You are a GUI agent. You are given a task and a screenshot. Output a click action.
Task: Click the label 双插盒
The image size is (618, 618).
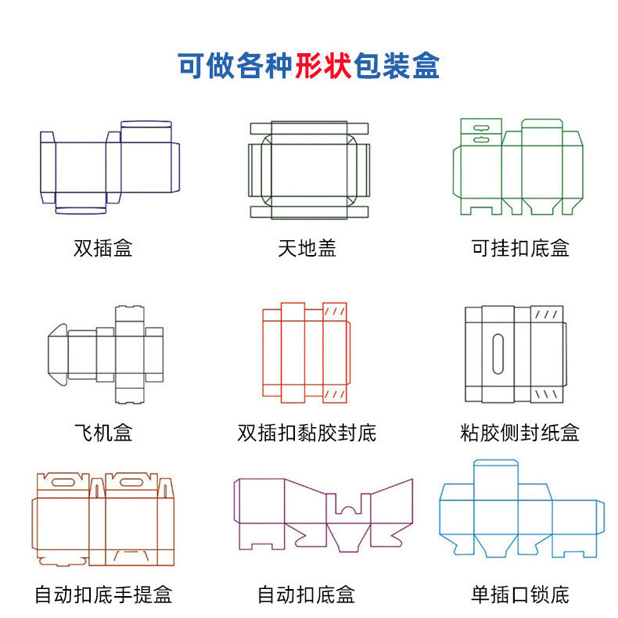[x=103, y=249]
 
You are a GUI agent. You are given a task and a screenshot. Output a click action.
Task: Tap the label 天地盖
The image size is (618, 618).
[x=307, y=249]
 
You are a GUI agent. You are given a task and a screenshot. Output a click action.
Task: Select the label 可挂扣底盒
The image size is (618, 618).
[x=520, y=249]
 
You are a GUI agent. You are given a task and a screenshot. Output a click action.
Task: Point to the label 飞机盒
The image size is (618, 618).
[x=103, y=432]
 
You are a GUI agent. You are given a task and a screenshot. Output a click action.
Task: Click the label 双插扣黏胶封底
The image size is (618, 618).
[x=307, y=432]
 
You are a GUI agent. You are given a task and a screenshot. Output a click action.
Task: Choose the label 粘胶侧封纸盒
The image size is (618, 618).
[x=520, y=432]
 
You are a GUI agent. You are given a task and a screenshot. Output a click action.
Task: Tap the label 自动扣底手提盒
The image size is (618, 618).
[x=103, y=595]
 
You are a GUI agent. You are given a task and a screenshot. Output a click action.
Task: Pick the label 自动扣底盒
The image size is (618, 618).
[x=307, y=595]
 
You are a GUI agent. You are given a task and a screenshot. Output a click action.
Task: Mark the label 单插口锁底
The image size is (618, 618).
[x=520, y=595]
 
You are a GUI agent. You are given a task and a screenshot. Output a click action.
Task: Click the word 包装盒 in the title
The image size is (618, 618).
[x=397, y=65]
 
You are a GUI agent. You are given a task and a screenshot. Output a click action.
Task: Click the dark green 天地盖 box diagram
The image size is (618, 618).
[x=307, y=169]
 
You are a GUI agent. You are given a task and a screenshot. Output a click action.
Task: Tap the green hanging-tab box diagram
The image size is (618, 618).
[x=519, y=167]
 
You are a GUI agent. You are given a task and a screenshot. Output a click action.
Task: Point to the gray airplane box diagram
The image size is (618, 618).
[x=106, y=354]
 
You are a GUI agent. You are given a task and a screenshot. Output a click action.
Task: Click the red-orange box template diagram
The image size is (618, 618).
[x=306, y=352]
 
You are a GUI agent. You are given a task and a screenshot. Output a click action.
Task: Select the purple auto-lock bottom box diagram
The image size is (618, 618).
[x=322, y=512]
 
